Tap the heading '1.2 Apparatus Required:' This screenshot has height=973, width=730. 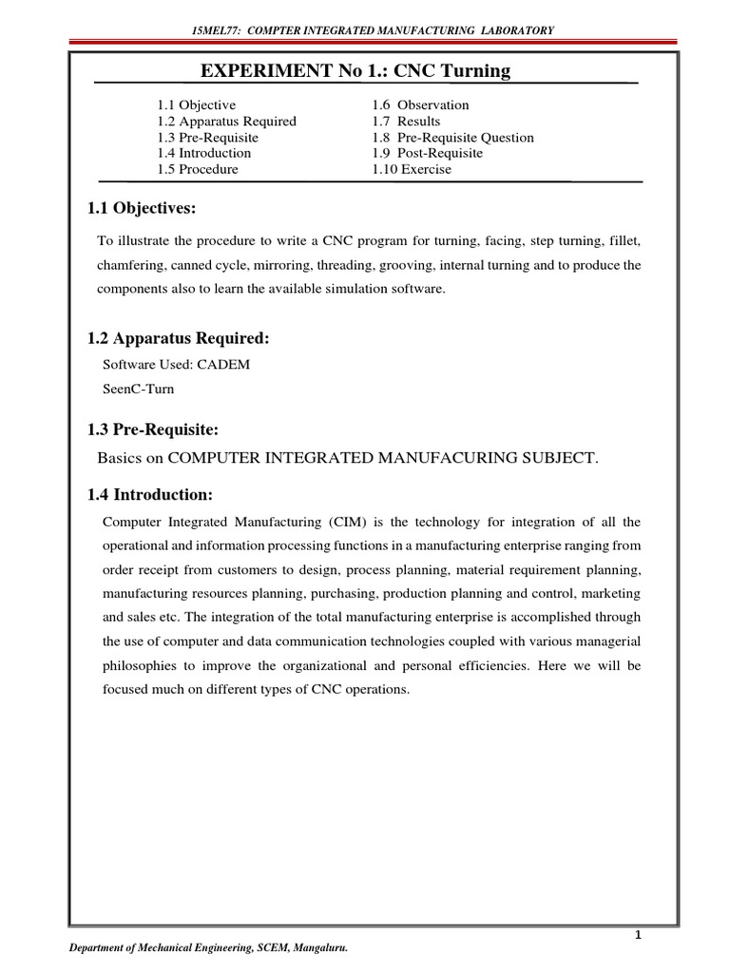click(x=177, y=339)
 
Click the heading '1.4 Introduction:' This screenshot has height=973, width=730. click(x=152, y=494)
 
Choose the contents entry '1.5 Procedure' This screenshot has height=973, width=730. click(x=198, y=169)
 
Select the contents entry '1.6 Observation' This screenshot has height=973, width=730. click(x=420, y=105)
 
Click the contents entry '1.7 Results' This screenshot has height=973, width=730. click(x=406, y=121)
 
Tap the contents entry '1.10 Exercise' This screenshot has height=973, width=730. click(x=412, y=169)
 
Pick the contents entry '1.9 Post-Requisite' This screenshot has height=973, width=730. click(x=427, y=153)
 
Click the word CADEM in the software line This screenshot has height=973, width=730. click(x=223, y=365)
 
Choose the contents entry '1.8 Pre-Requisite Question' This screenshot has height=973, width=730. click(x=452, y=137)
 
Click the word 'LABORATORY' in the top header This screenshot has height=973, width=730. click(x=513, y=30)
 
